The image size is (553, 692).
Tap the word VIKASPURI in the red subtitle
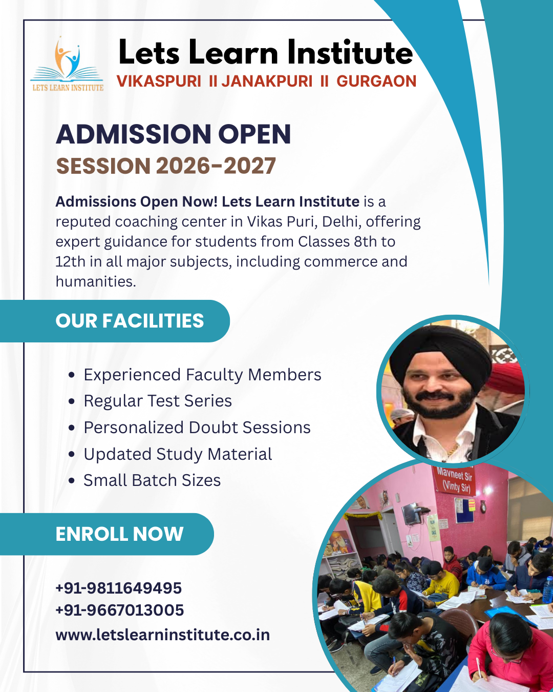[x=159, y=82]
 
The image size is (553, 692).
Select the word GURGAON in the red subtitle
[x=376, y=82]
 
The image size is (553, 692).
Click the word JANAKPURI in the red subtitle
[x=267, y=82]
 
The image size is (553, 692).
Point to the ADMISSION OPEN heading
[x=173, y=134]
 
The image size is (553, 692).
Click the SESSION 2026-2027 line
[x=166, y=166]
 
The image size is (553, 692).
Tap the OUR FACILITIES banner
[x=130, y=321]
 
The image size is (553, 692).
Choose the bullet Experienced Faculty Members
[x=202, y=375]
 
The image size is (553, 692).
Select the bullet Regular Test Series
[x=158, y=401]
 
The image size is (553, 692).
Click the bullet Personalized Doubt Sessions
[x=197, y=428]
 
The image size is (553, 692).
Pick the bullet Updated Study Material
[x=178, y=454]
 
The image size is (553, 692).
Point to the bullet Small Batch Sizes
[x=152, y=480]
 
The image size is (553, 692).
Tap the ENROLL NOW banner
[x=119, y=534]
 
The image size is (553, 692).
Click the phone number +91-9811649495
[x=119, y=588]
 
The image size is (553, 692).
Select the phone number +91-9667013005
[x=120, y=610]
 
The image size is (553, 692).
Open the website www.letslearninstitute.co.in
[x=163, y=635]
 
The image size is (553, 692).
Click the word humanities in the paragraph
[x=95, y=281]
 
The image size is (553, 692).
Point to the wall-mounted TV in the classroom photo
[x=411, y=514]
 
